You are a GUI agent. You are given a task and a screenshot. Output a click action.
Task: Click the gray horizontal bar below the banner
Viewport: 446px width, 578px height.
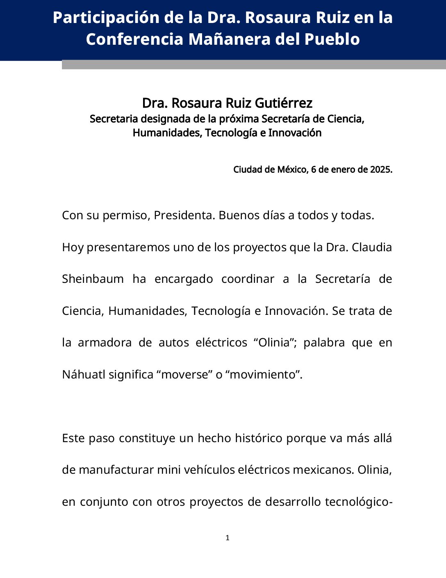pyautogui.click(x=254, y=65)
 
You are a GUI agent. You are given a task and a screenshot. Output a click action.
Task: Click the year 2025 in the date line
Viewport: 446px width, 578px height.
pyautogui.click(x=381, y=170)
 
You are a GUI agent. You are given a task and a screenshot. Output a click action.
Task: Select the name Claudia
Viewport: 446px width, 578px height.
pyautogui.click(x=371, y=247)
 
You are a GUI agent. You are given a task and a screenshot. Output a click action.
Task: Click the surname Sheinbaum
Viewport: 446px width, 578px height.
pyautogui.click(x=93, y=279)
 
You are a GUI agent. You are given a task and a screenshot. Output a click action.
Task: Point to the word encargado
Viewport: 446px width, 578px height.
pyautogui.click(x=184, y=279)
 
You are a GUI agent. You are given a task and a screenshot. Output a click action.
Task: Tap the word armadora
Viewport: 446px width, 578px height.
pyautogui.click(x=105, y=342)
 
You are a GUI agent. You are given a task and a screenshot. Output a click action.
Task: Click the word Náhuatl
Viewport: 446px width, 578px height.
pyautogui.click(x=84, y=374)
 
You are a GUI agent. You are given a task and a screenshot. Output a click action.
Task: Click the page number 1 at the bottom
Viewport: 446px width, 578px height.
pyautogui.click(x=228, y=538)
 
